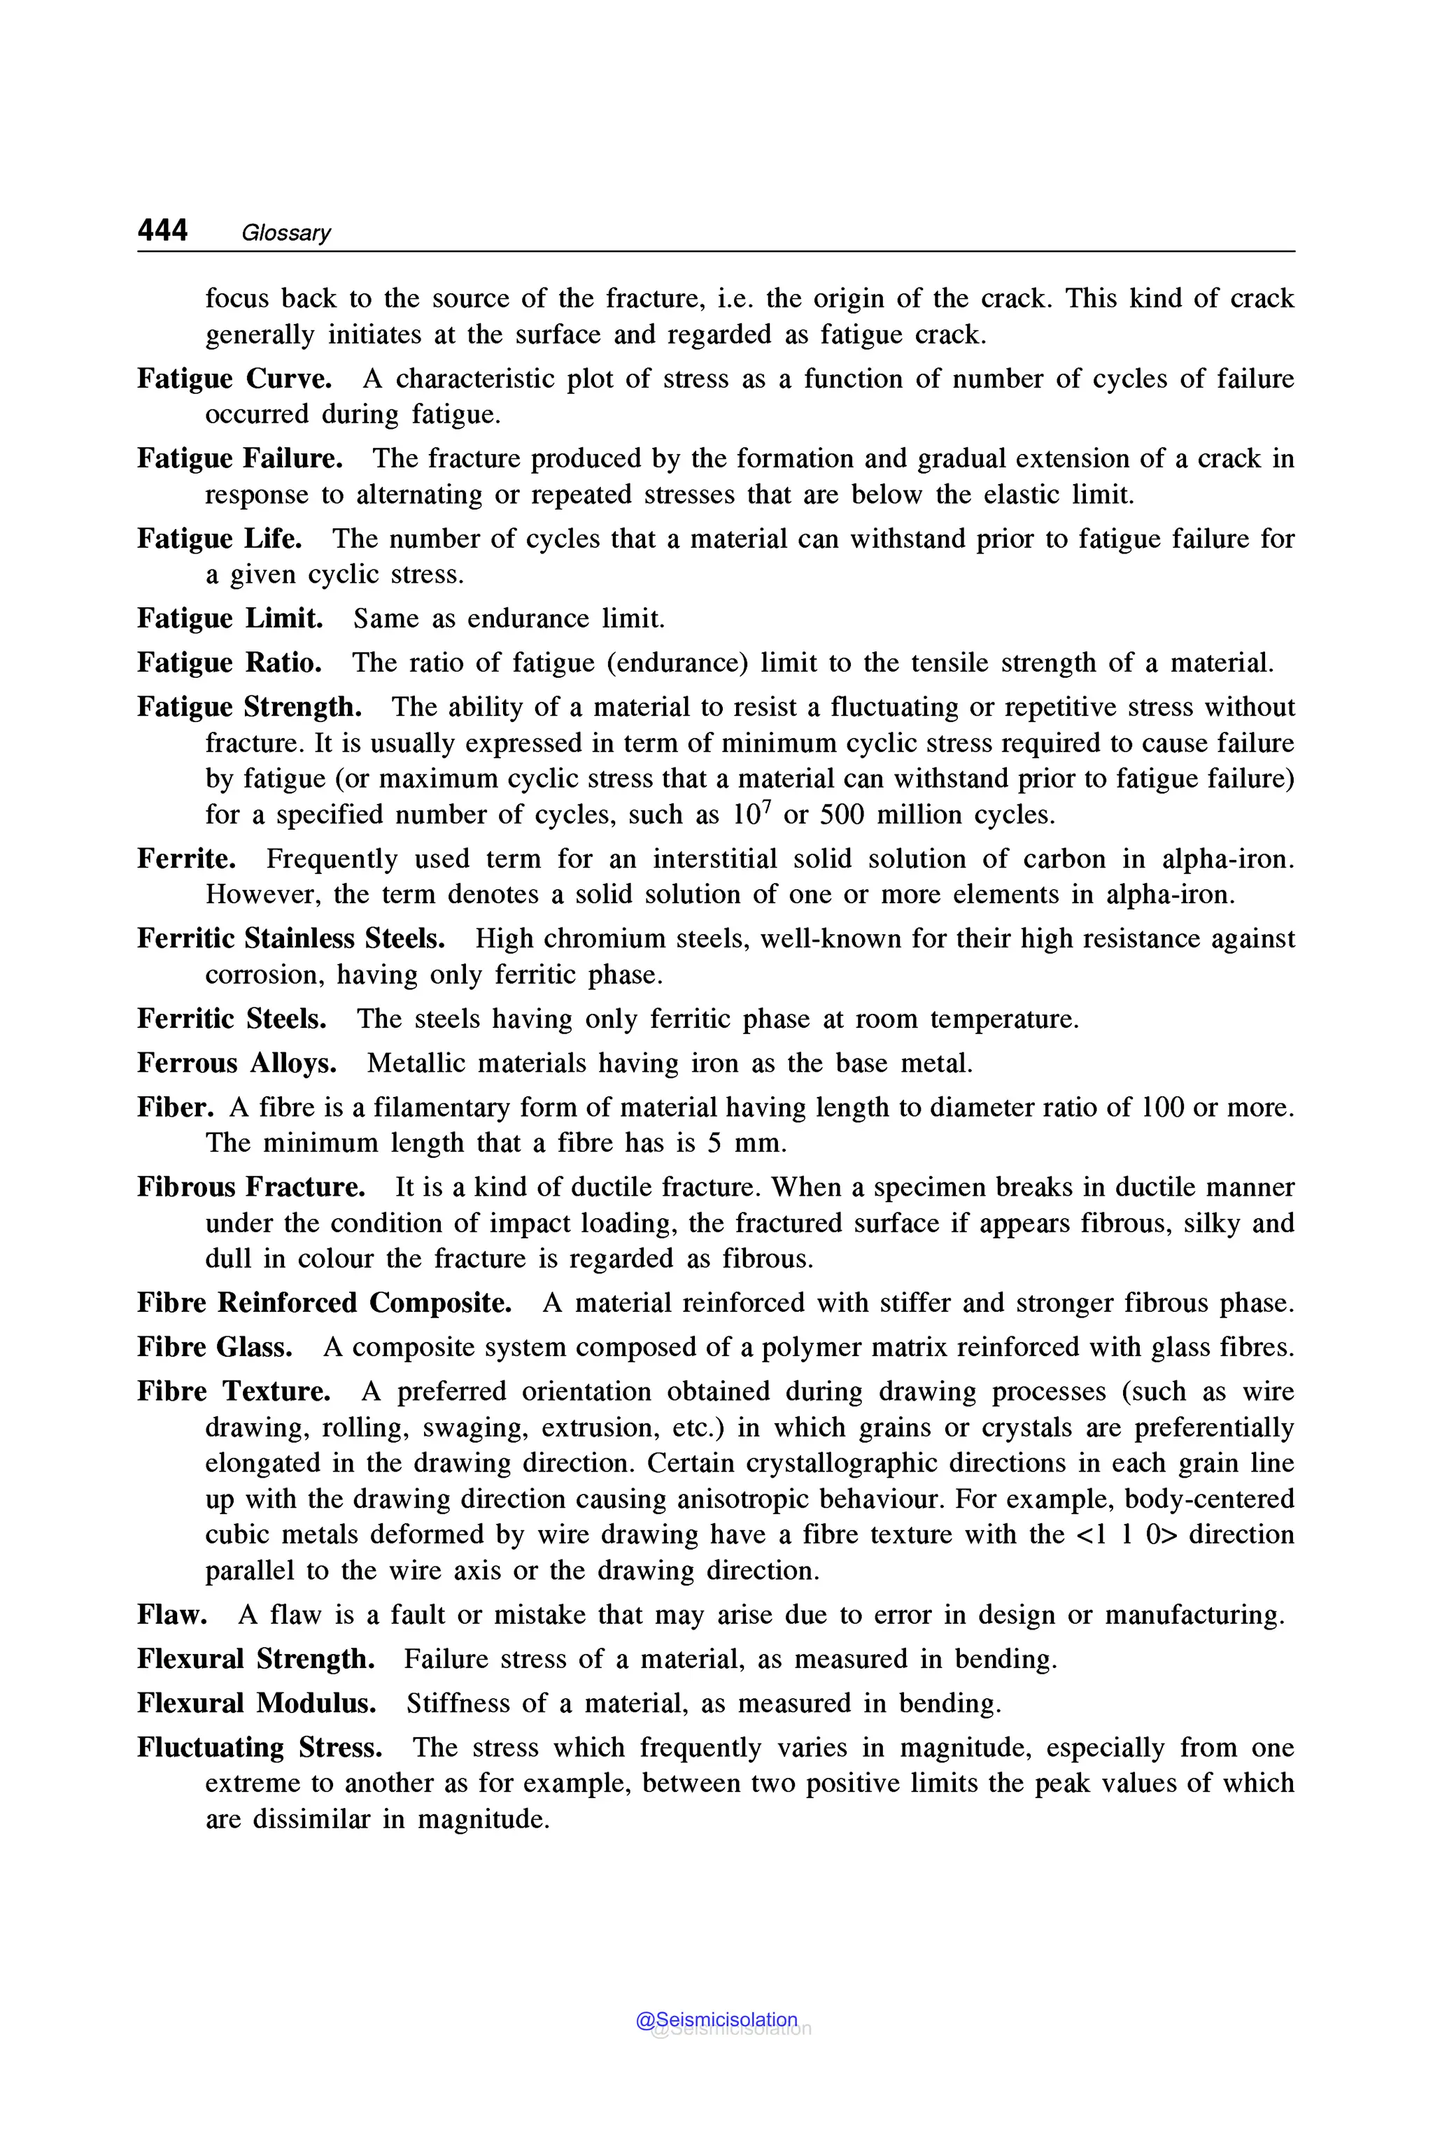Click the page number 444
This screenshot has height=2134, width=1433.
(162, 230)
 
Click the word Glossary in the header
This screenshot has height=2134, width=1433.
(285, 233)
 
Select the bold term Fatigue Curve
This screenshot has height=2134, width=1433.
(234, 379)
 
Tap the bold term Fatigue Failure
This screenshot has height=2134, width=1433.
(239, 458)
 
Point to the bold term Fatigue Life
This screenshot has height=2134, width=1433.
(219, 538)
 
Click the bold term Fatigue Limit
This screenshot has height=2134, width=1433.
(230, 619)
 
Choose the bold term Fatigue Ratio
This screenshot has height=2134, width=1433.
(230, 663)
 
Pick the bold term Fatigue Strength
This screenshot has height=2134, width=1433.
(250, 707)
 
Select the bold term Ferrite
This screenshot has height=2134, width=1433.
(186, 858)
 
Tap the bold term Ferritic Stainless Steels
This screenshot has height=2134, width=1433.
(290, 938)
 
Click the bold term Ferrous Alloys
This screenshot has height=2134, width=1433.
(237, 1063)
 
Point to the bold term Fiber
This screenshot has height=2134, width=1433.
(176, 1107)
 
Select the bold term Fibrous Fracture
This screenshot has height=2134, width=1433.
(250, 1187)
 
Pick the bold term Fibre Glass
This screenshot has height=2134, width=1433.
(215, 1347)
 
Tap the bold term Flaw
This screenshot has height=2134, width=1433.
(172, 1615)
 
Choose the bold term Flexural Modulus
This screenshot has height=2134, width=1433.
(257, 1704)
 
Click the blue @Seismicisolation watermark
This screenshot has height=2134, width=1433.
(716, 2020)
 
